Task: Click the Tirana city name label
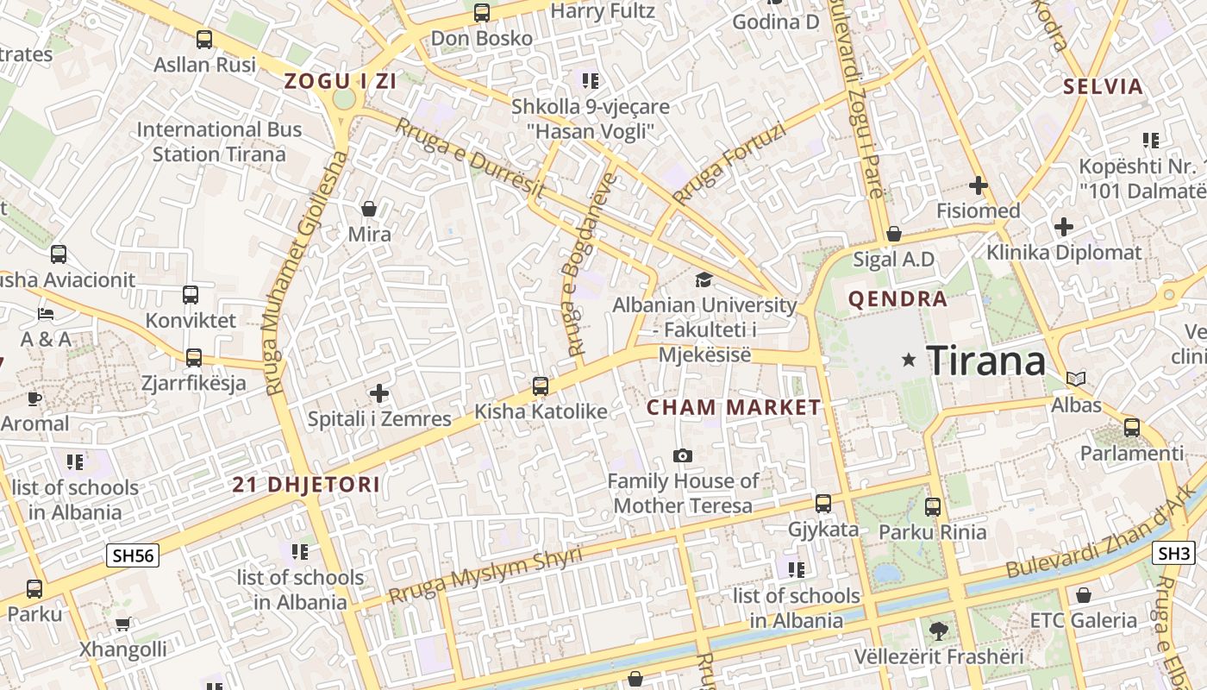coord(986,361)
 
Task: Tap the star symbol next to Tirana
coord(909,360)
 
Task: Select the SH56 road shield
coord(133,555)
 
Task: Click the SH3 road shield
coord(1174,554)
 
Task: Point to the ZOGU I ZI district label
coord(341,82)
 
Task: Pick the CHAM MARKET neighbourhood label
coord(734,408)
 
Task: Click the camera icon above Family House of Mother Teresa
coord(683,455)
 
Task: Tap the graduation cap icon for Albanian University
coord(704,279)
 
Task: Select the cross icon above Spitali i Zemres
coord(379,394)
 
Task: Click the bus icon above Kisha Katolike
coord(541,386)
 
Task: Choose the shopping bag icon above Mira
coord(369,209)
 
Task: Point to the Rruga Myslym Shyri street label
coord(485,575)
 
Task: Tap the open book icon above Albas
coord(1076,379)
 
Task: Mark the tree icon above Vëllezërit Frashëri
coord(938,631)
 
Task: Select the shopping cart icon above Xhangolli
coord(123,624)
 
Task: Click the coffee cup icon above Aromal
coord(34,398)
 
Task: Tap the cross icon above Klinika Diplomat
coord(1064,227)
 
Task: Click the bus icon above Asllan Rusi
coord(204,40)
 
